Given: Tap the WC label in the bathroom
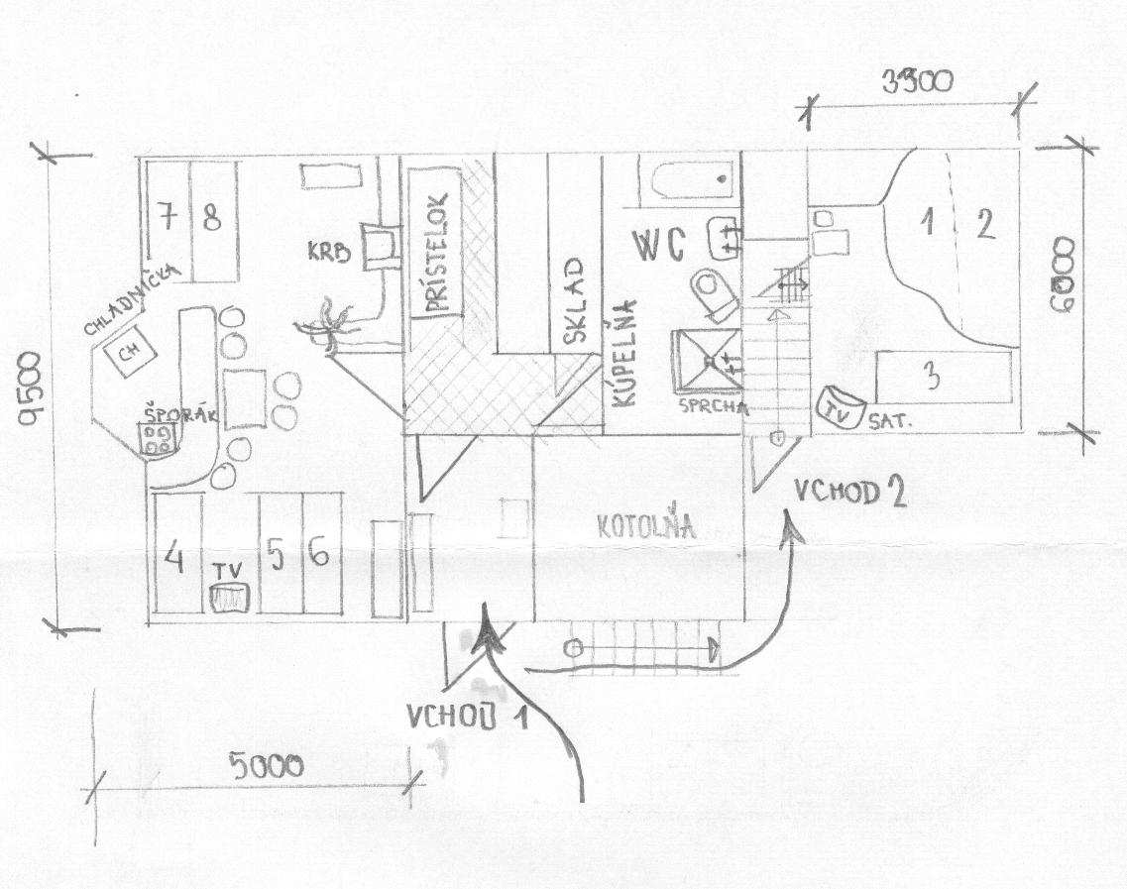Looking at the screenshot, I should point(658,246).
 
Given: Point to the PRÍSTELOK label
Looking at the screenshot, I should point(434,254).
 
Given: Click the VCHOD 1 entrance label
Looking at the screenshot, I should point(465,716).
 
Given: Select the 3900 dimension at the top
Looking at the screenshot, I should point(917,81).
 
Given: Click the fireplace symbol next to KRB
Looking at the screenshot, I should point(378,244).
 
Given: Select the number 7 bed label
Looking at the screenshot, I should point(168,218).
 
